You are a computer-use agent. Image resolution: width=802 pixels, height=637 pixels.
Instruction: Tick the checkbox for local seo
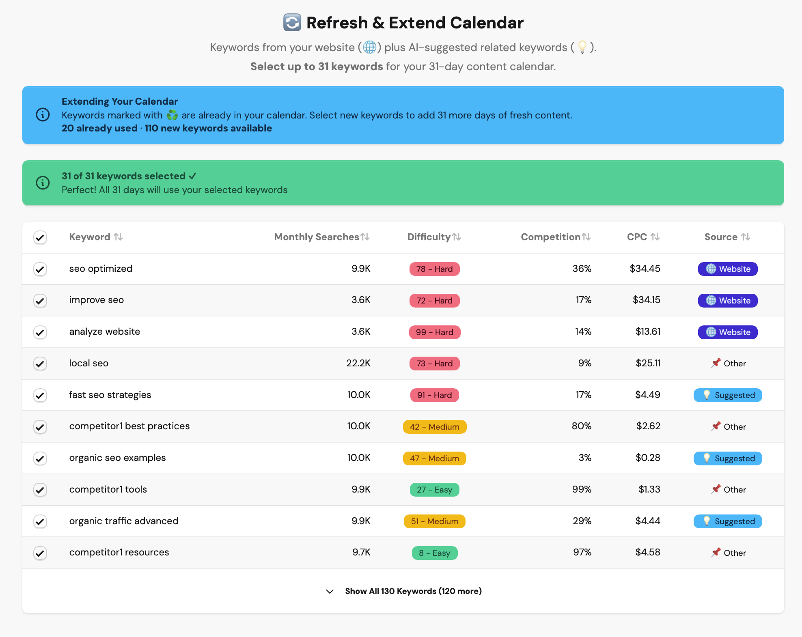[x=40, y=364]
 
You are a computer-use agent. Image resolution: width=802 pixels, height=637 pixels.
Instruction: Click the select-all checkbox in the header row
[x=40, y=237]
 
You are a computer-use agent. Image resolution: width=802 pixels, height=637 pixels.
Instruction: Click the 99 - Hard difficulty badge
[x=434, y=332]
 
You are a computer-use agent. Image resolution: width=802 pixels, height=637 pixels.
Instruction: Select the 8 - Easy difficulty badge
[x=434, y=553]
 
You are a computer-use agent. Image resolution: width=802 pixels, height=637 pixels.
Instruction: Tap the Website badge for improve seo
[x=727, y=301]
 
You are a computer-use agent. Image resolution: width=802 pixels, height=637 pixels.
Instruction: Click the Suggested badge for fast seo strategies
[x=727, y=395]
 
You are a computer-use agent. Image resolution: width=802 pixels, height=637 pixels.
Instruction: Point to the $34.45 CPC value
[x=645, y=269]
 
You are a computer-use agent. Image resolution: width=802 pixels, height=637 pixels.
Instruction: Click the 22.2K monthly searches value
[x=358, y=363]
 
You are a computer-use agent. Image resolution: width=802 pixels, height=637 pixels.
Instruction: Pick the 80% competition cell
[x=581, y=426]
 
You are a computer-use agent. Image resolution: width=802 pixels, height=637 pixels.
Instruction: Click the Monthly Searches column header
[x=317, y=237]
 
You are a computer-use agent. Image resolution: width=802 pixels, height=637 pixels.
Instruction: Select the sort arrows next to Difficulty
[x=457, y=237]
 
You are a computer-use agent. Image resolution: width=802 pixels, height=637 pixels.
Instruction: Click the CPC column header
[x=637, y=237]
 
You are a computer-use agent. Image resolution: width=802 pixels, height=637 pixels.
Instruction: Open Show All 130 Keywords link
[x=413, y=591]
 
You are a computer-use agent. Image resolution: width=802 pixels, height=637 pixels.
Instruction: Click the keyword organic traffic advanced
[x=124, y=521]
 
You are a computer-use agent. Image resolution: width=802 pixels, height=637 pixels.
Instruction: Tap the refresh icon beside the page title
[x=292, y=23]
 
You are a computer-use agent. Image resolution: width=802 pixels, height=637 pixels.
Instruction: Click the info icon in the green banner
[x=43, y=183]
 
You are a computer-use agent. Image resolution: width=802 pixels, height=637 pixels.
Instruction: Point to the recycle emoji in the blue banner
[x=172, y=115]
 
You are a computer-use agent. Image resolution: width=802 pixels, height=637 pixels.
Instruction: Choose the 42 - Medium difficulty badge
[x=434, y=427]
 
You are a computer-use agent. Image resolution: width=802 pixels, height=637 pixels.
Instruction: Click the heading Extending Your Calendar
[x=120, y=101]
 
